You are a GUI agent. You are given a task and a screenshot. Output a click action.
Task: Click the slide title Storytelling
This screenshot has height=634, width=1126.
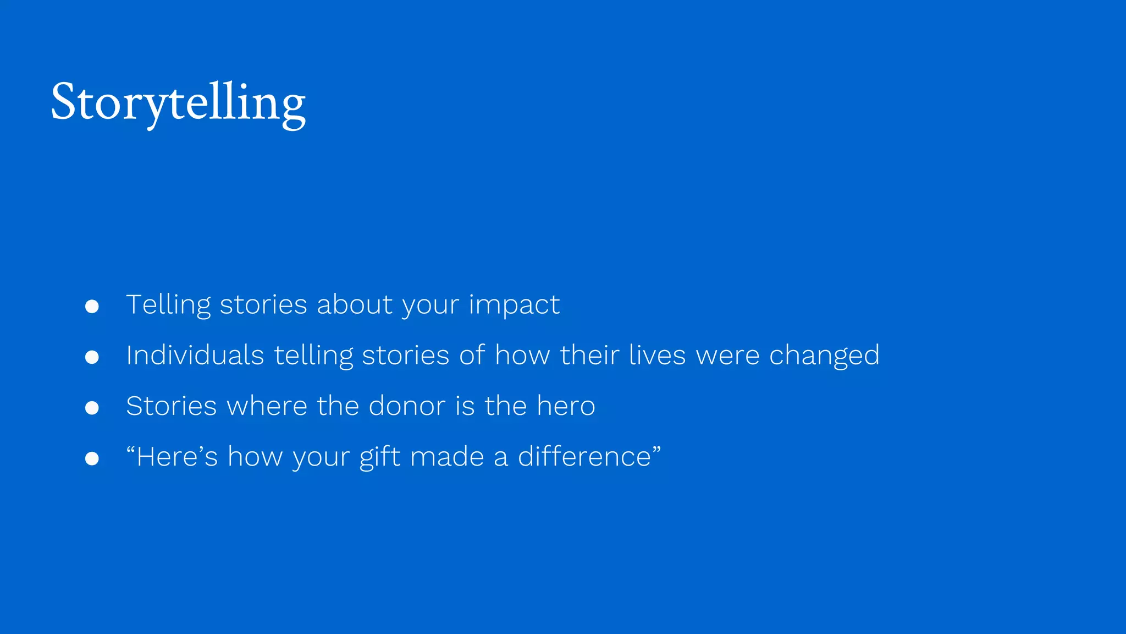coord(178,103)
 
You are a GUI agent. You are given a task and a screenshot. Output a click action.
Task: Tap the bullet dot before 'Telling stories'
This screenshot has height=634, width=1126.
coord(92,306)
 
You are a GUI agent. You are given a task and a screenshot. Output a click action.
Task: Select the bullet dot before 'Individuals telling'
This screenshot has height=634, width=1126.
coord(92,357)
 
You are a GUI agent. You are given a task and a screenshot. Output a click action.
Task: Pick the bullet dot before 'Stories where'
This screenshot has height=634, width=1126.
coord(92,408)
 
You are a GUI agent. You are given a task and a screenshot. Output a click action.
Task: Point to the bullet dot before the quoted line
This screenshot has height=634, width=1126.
coord(92,458)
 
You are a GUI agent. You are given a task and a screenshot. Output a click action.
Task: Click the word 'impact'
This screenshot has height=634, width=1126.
coord(514,305)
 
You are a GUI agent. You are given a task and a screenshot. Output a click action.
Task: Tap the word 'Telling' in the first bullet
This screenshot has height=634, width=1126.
coord(168,305)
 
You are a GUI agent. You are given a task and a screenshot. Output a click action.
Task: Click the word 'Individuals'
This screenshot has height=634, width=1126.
coord(195,355)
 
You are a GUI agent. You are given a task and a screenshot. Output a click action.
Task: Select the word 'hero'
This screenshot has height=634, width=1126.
coord(566,406)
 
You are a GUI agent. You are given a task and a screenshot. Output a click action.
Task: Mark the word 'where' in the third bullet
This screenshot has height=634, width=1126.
coord(267,406)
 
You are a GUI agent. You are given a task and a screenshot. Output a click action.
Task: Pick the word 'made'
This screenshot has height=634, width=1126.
coord(447,457)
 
